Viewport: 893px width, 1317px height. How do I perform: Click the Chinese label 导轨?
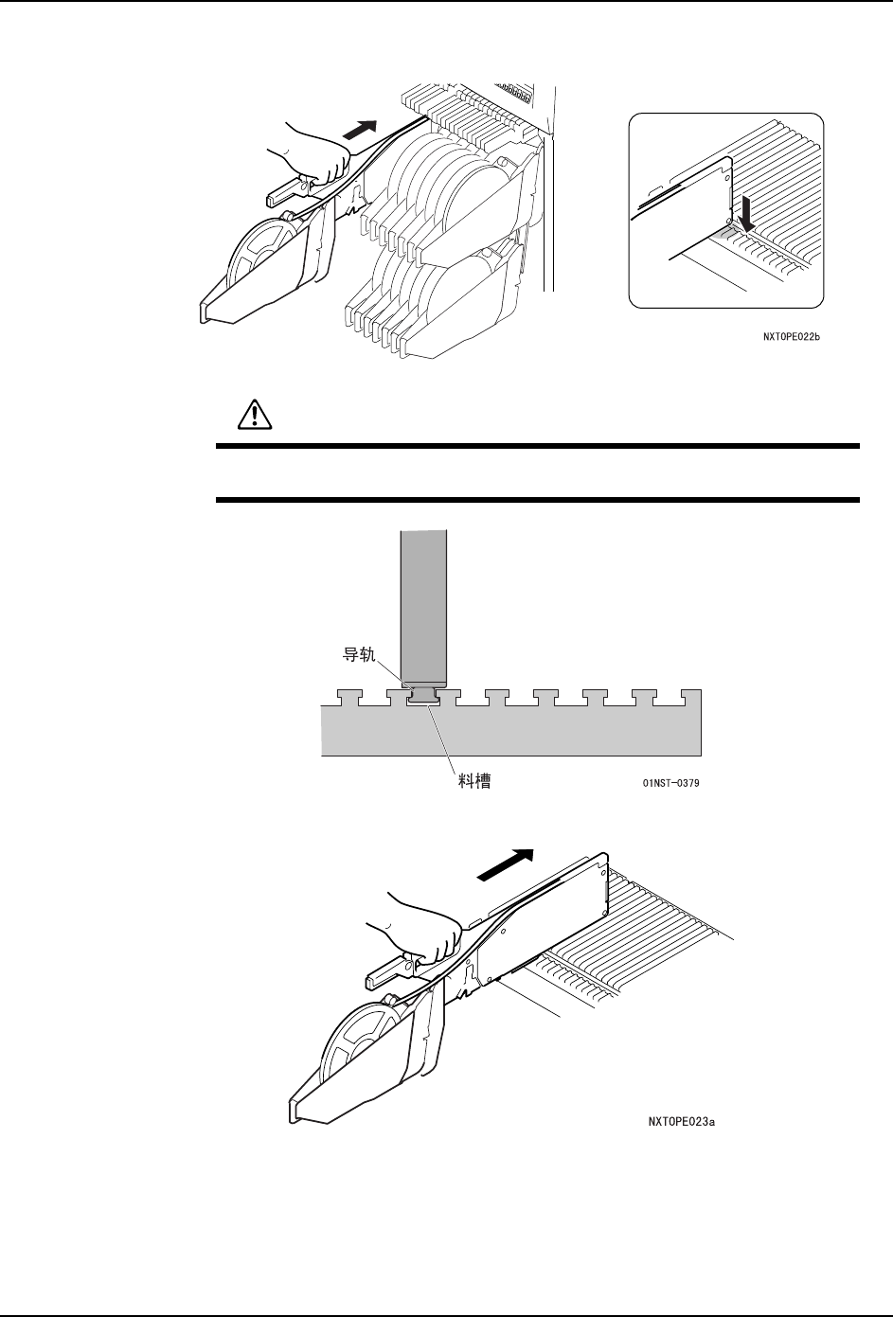pyautogui.click(x=360, y=653)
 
